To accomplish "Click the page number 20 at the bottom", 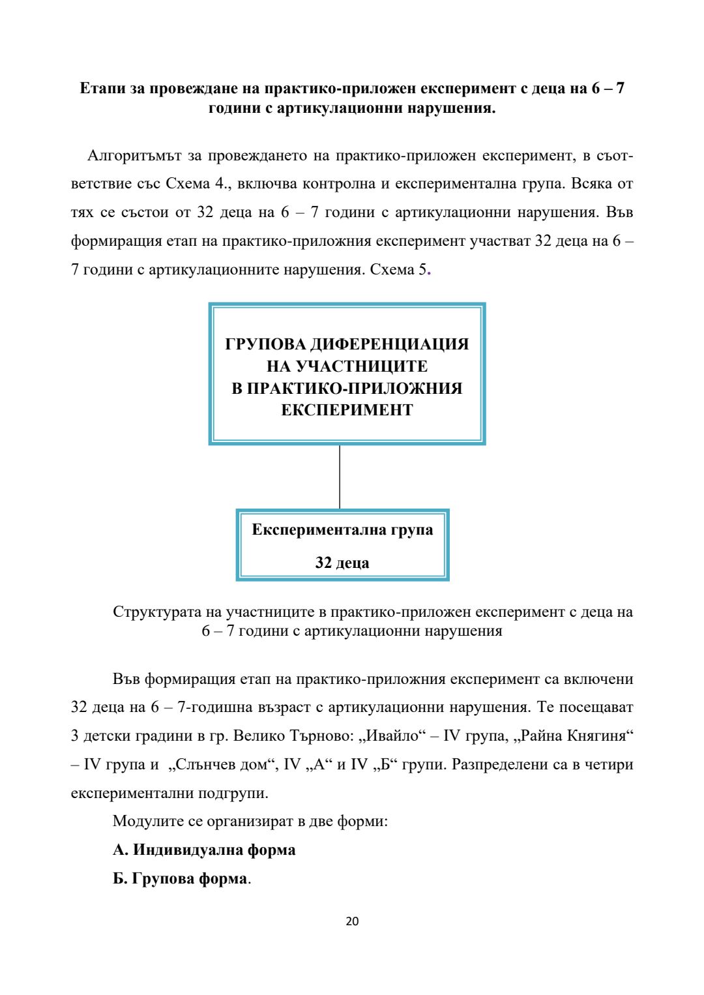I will (x=352, y=921).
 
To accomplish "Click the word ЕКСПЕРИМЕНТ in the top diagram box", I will (x=347, y=410).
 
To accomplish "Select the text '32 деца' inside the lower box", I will (x=342, y=563).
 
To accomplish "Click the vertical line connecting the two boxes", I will (x=340, y=477).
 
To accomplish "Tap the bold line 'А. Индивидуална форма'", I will (x=204, y=850).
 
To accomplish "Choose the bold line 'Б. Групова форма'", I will (x=180, y=878).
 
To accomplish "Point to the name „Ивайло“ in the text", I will (x=392, y=735).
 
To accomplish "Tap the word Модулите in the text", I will (x=148, y=821).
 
